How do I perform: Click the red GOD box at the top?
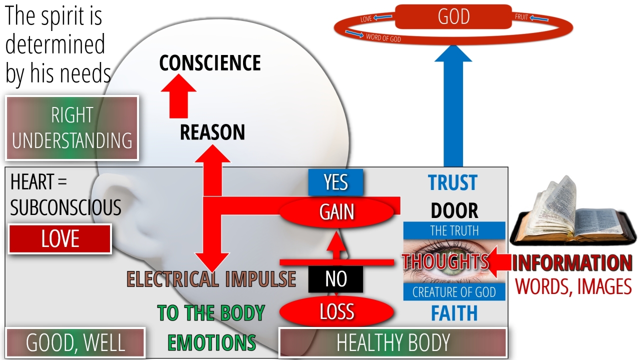click(x=453, y=17)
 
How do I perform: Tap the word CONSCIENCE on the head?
click(x=210, y=63)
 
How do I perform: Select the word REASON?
click(x=212, y=132)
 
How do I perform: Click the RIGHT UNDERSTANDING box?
click(x=72, y=128)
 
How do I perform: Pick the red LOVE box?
click(x=60, y=239)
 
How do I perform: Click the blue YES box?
click(x=335, y=182)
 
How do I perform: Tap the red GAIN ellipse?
click(x=337, y=212)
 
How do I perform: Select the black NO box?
click(x=335, y=279)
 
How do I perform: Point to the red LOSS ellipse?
click(x=336, y=312)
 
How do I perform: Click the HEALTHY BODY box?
click(x=392, y=343)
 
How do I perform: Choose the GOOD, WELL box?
click(x=75, y=343)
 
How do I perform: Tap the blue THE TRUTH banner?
click(x=454, y=230)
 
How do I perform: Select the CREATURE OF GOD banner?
click(x=454, y=292)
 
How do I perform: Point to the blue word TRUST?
click(x=453, y=183)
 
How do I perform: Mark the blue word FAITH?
click(x=454, y=313)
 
